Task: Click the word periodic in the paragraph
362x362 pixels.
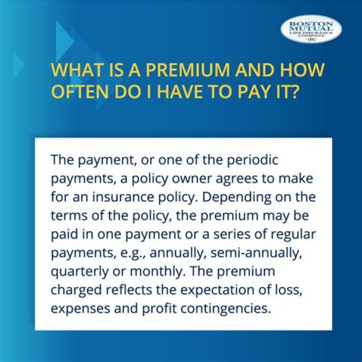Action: (x=253, y=160)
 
